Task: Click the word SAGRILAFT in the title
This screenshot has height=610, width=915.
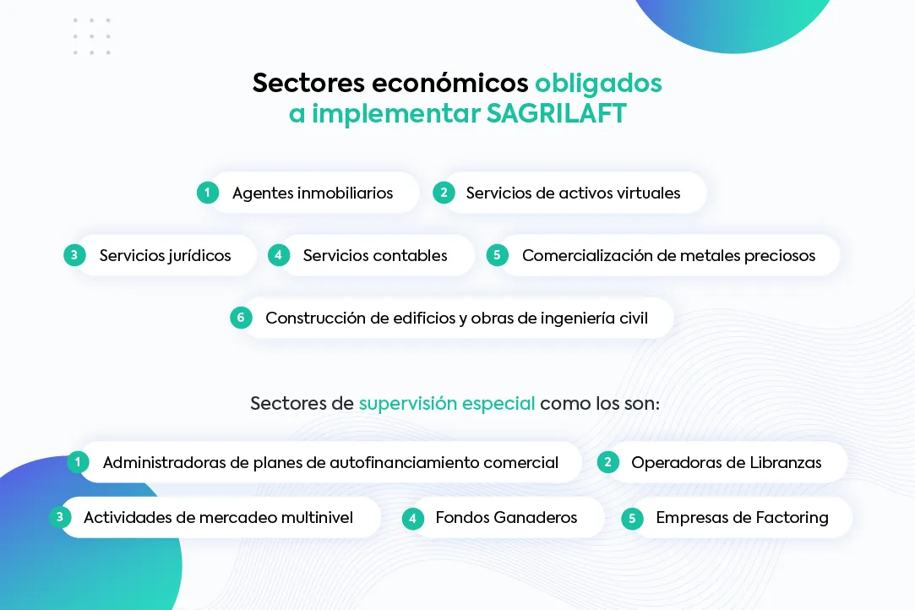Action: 556,113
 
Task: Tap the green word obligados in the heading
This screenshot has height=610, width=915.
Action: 598,84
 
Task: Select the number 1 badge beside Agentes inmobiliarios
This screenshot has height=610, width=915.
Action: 207,193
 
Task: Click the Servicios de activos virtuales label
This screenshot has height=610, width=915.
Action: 573,193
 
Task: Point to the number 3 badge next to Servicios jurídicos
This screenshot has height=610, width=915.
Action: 74,255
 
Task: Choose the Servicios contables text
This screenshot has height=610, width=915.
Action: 374,256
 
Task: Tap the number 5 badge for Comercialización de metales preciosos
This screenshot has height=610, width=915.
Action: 497,255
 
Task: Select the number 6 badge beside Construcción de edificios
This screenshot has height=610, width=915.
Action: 241,318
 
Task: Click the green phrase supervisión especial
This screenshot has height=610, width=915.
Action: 446,403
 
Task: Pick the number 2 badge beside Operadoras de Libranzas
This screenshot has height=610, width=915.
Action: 607,462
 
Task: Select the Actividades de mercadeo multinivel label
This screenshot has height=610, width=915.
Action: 218,518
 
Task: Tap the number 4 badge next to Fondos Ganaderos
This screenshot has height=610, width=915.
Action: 412,519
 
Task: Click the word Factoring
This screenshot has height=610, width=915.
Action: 792,519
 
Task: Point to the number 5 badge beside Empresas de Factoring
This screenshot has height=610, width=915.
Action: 632,519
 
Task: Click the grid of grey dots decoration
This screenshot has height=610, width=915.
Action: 91,36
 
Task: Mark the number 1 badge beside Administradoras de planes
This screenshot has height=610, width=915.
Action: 78,462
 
